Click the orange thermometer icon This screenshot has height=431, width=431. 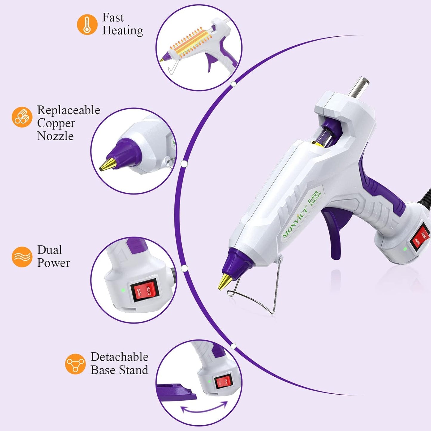pyautogui.click(x=87, y=24)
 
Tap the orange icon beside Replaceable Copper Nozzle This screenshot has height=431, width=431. pyautogui.click(x=22, y=117)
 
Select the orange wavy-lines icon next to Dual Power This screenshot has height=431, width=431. pyautogui.click(x=22, y=257)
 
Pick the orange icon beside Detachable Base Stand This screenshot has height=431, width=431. pyautogui.click(x=75, y=364)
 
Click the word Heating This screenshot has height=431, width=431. pyautogui.click(x=123, y=31)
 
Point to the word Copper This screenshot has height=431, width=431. pyautogui.click(x=56, y=123)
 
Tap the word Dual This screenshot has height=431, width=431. pyautogui.click(x=50, y=250)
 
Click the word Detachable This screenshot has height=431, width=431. pyautogui.click(x=119, y=357)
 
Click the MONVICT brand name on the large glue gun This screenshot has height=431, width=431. pyautogui.click(x=295, y=222)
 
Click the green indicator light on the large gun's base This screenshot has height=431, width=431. pyautogui.click(x=405, y=249)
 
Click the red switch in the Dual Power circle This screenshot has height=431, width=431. pyautogui.click(x=143, y=292)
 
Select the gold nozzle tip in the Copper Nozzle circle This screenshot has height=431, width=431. pyautogui.click(x=107, y=164)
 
